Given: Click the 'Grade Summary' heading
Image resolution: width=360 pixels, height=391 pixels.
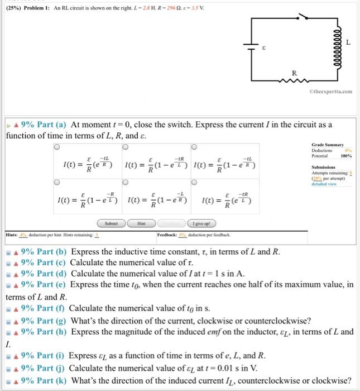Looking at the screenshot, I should point(328,145).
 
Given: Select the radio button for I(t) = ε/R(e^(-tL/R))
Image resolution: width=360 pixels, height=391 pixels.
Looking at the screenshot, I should point(56,147).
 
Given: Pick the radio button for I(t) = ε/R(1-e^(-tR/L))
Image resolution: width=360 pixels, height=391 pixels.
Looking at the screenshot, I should point(124,147).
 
